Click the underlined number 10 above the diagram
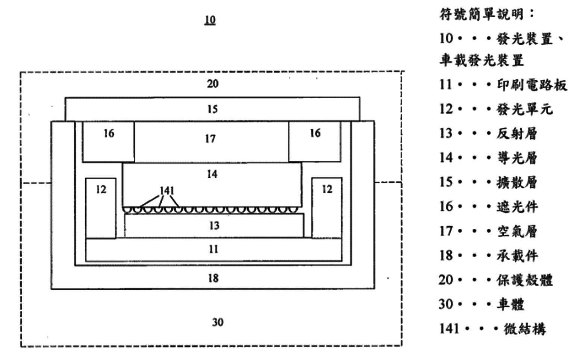(x=210, y=20)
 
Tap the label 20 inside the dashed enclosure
(x=212, y=84)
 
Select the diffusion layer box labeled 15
(x=212, y=109)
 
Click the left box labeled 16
(x=108, y=141)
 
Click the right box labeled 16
(x=315, y=141)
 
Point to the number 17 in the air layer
(x=211, y=139)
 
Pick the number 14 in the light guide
(x=212, y=174)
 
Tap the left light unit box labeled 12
(x=101, y=208)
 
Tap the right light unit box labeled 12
(x=327, y=208)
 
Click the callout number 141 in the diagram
(x=167, y=190)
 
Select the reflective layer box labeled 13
(x=214, y=226)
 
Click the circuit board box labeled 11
(x=214, y=249)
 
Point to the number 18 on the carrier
(x=213, y=278)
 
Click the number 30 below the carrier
(x=218, y=322)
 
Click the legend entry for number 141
(x=492, y=329)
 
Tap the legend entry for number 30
(x=481, y=304)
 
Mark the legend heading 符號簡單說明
(x=486, y=14)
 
